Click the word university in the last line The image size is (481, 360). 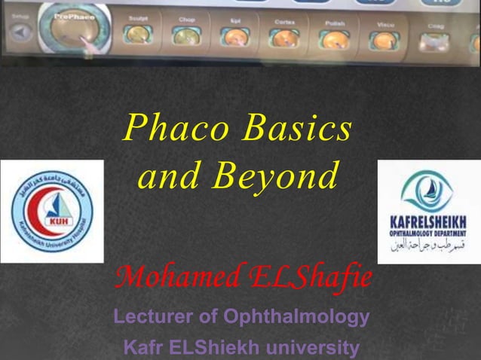click(310, 349)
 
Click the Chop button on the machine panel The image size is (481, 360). click(185, 34)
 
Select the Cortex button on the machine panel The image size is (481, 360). click(284, 35)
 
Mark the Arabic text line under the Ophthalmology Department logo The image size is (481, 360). click(427, 246)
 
